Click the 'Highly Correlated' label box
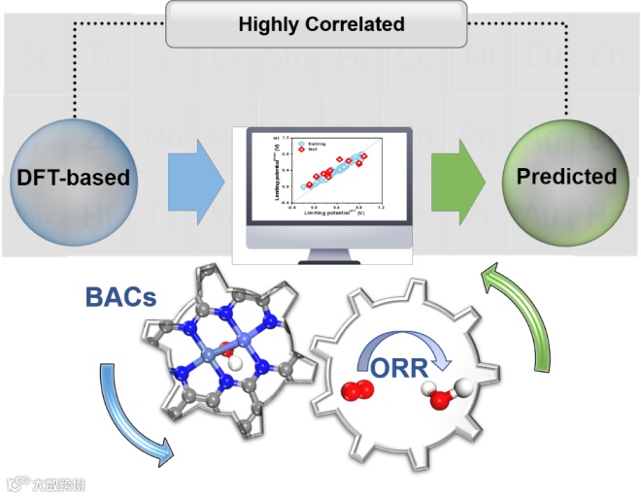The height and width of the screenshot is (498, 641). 321,24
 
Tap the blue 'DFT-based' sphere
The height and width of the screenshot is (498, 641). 73,177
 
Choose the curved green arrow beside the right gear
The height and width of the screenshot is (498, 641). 529,320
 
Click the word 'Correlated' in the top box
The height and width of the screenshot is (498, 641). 355,24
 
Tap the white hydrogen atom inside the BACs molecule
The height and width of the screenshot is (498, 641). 226,359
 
